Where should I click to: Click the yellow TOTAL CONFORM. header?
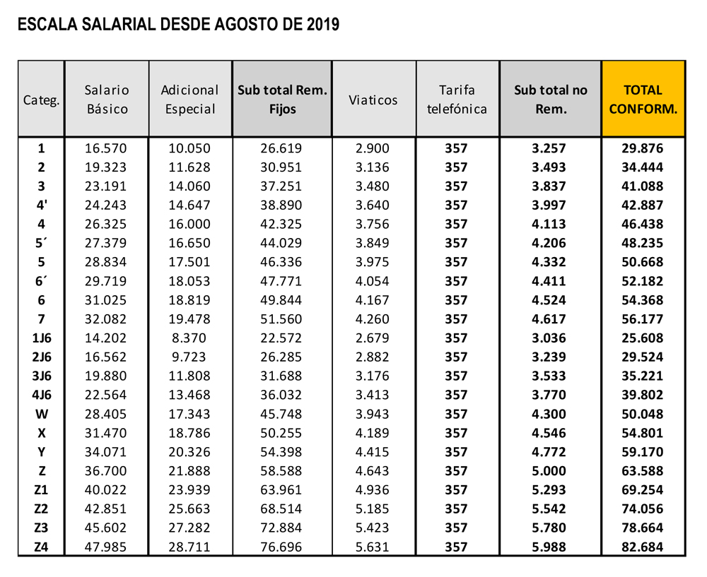(x=643, y=99)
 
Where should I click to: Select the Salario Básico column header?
(x=107, y=99)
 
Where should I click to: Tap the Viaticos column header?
(x=373, y=100)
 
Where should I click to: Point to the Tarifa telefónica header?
(x=457, y=99)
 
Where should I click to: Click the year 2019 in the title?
(x=323, y=24)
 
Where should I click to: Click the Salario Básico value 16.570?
(x=106, y=148)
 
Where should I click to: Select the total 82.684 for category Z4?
(x=643, y=547)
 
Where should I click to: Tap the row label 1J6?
(x=42, y=338)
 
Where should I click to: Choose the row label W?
(x=42, y=414)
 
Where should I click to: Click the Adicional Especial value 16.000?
(x=189, y=224)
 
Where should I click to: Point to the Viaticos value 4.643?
(x=372, y=470)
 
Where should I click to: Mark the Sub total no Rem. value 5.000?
(x=549, y=470)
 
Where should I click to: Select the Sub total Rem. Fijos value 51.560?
(x=281, y=319)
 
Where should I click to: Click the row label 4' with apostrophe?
(x=42, y=205)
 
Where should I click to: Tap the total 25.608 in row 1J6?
(x=643, y=338)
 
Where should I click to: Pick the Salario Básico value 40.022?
(x=106, y=489)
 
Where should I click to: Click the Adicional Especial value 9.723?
(x=189, y=357)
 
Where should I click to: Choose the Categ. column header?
(x=42, y=100)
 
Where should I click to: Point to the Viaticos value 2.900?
(x=372, y=148)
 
